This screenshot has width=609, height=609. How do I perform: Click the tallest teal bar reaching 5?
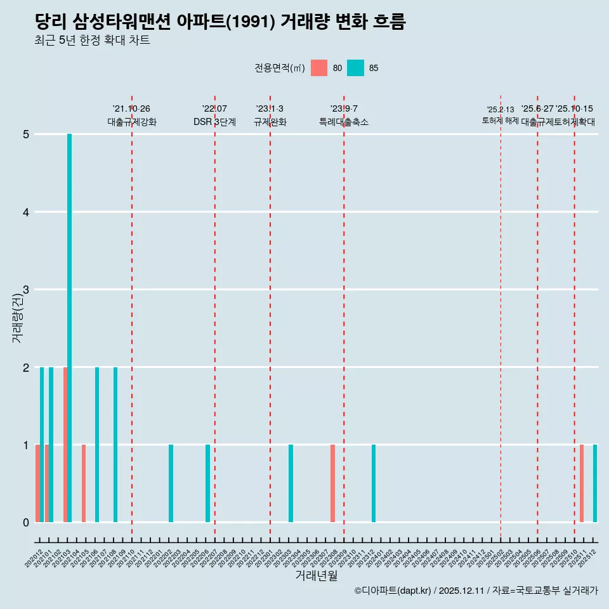(70, 327)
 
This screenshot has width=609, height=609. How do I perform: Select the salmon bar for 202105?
(84, 483)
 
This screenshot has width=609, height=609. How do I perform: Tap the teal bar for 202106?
(97, 444)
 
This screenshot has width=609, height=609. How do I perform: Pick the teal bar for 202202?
(171, 483)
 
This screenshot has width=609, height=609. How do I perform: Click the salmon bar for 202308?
(332, 483)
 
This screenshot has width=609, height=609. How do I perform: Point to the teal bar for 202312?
(374, 483)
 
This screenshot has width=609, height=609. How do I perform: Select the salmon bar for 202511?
(582, 483)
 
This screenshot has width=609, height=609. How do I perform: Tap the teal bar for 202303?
(291, 483)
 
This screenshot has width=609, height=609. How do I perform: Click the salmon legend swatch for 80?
(319, 68)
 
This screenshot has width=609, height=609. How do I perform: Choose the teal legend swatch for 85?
(356, 68)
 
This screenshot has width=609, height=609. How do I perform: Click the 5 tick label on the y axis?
(26, 134)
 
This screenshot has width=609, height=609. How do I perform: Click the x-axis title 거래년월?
(316, 575)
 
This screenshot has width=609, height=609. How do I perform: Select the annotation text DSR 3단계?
(214, 122)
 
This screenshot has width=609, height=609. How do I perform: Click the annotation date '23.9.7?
(344, 109)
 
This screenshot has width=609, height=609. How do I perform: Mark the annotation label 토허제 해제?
(501, 121)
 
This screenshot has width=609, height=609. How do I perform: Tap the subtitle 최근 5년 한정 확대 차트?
(92, 41)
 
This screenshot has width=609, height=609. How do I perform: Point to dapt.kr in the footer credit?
(413, 591)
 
